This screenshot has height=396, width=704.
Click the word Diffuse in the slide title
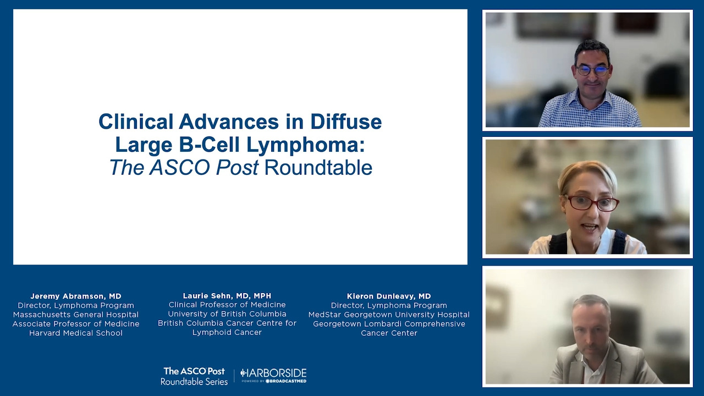[346, 122]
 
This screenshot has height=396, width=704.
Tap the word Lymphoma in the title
[306, 145]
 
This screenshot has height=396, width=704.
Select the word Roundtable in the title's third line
[318, 168]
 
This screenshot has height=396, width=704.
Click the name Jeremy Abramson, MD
[76, 296]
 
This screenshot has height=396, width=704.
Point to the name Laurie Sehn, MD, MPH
[227, 296]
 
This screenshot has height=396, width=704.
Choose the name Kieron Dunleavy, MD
[389, 296]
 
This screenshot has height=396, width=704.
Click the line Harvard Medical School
[76, 333]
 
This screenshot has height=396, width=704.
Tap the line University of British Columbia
[227, 314]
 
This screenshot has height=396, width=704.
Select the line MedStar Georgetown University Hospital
[389, 315]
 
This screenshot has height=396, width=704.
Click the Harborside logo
[273, 375]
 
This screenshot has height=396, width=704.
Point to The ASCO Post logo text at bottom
[194, 371]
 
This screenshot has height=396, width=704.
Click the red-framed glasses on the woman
[591, 203]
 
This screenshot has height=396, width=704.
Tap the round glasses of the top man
[592, 70]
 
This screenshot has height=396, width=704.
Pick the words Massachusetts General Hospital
[76, 315]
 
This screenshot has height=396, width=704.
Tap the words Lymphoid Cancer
[227, 333]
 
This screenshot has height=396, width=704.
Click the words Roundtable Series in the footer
[194, 382]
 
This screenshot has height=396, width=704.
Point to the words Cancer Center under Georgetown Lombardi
[389, 333]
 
